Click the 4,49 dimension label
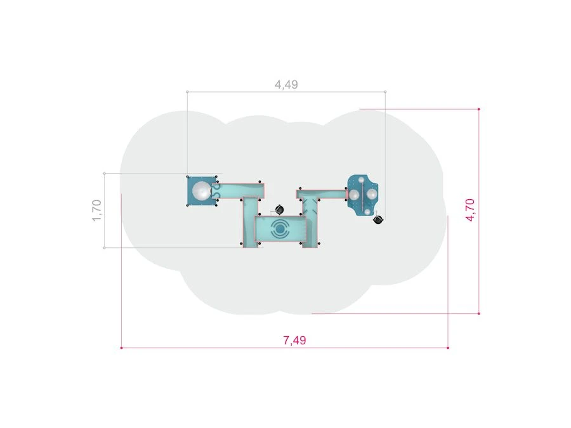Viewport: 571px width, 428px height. [x=286, y=84]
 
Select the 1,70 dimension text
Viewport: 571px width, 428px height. [x=96, y=211]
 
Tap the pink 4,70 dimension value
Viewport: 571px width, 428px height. [x=470, y=210]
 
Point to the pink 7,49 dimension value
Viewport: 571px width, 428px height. [x=294, y=340]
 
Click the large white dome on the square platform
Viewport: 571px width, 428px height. [x=201, y=191]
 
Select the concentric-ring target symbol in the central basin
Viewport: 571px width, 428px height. [x=279, y=229]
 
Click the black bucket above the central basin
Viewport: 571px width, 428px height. [x=279, y=210]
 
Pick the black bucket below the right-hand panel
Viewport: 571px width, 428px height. [x=378, y=219]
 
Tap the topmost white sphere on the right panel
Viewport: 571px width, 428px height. [x=361, y=180]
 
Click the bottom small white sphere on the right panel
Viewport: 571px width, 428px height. [x=367, y=212]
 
